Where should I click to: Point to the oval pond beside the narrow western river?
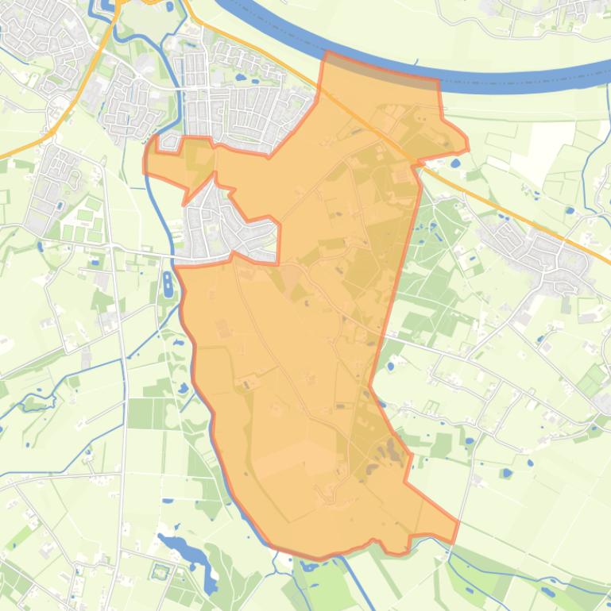(x=167, y=283)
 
